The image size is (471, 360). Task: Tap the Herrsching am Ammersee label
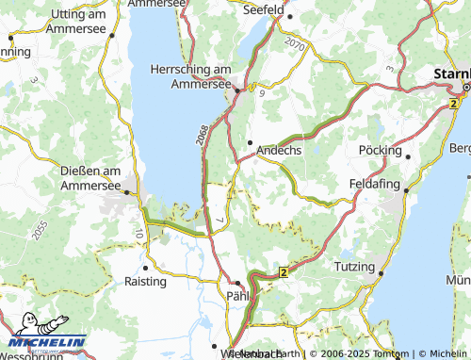pyautogui.click(x=191, y=76)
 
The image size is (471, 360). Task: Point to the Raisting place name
pyautogui.click(x=146, y=281)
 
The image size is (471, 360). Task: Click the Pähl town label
pyautogui.click(x=238, y=296)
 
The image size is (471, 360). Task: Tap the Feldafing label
pyautogui.click(x=375, y=183)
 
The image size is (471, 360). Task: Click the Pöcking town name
pyautogui.click(x=381, y=150)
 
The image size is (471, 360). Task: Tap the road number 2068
pyautogui.click(x=203, y=136)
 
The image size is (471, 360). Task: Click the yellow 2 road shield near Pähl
pyautogui.click(x=282, y=272)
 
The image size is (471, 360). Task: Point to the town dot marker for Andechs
pyautogui.click(x=250, y=142)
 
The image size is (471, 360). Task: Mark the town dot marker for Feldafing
pyautogui.click(x=405, y=189)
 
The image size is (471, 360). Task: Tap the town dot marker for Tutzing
pyautogui.click(x=382, y=273)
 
